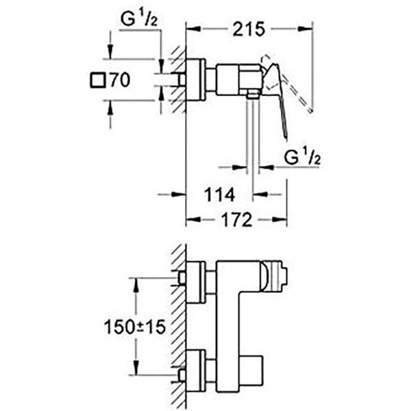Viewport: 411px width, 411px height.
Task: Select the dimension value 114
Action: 220,195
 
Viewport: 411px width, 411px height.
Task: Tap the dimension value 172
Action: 236,221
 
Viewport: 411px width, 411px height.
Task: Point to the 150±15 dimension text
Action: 136,327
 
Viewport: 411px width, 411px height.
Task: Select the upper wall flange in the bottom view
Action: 196,281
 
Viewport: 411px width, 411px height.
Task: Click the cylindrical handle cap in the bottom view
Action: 276,278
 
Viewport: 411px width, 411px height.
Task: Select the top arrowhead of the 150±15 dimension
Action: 136,282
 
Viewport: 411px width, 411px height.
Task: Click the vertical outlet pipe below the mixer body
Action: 254,137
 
